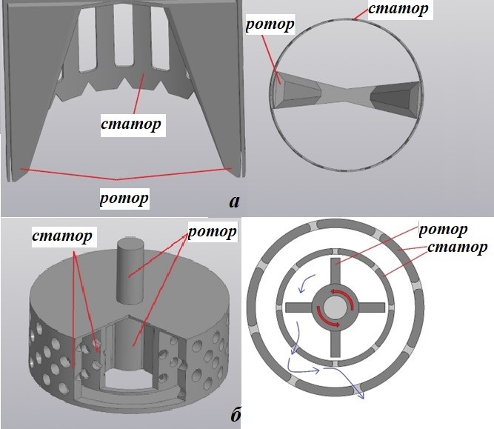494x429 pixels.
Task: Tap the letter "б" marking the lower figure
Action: pyautogui.click(x=235, y=415)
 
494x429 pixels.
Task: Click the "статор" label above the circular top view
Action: pyautogui.click(x=399, y=10)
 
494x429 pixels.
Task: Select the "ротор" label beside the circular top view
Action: pyautogui.click(x=268, y=24)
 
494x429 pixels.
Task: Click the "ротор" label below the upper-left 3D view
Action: pyautogui.click(x=124, y=198)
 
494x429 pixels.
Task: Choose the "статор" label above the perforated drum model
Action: pyautogui.click(x=62, y=236)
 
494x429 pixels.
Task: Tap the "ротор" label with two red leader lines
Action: pyautogui.click(x=212, y=232)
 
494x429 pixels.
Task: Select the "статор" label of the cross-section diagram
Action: pyautogui.click(x=459, y=246)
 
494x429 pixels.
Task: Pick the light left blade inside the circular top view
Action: pyautogui.click(x=296, y=93)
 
